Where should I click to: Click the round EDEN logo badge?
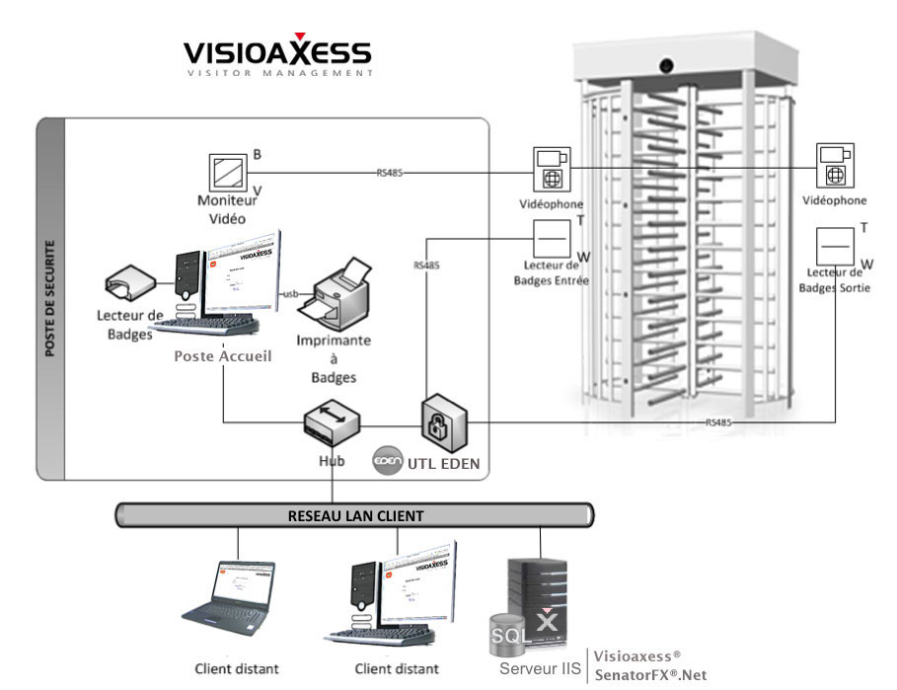pos(385,461)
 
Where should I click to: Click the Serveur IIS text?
pos(540,668)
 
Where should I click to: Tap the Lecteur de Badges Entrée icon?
pos(552,238)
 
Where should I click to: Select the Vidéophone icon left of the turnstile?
pos(552,169)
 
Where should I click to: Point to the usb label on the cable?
pos(291,293)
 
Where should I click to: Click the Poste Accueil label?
pos(222,355)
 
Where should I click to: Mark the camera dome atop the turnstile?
pos(667,65)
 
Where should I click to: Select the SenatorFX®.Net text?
pos(651,674)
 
